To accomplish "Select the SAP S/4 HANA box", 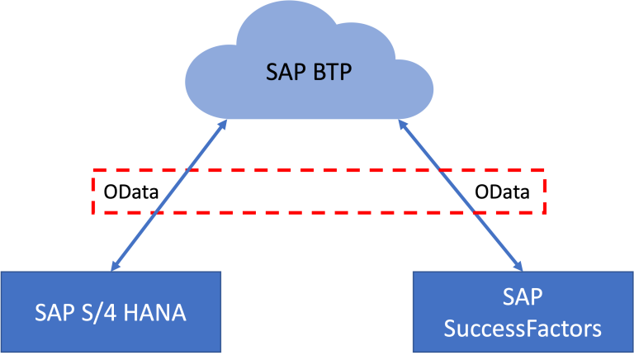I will coord(111,311).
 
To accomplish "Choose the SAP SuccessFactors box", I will coord(523,311).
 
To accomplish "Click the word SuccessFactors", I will coord(523,329).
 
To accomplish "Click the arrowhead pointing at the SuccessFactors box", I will coord(520,266).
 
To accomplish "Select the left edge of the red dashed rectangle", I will coord(92,192).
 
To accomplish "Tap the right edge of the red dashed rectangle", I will coord(545,192).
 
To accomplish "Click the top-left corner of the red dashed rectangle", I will coord(92,171).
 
